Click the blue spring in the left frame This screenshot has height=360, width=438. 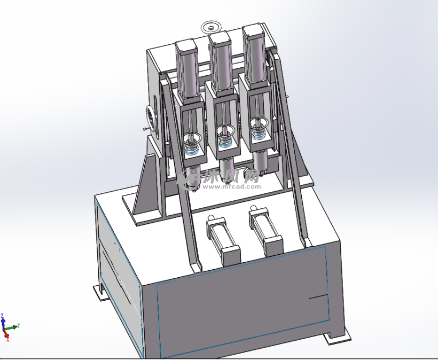tap(192, 150)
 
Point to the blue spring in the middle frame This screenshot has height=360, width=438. tap(225, 143)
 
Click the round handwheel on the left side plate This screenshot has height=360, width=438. tap(152, 118)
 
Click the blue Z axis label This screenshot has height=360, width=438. tap(3, 316)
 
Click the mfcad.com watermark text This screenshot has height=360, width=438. tap(235, 186)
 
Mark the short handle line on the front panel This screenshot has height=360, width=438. tap(318, 295)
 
